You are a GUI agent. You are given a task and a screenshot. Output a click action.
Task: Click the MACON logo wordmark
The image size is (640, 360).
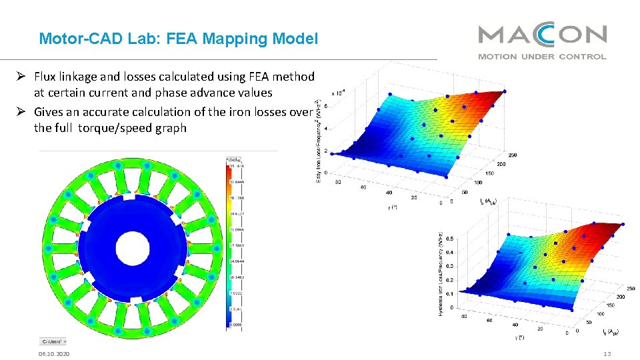542,35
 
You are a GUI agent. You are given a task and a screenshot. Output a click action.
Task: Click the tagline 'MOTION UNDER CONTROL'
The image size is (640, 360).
542,57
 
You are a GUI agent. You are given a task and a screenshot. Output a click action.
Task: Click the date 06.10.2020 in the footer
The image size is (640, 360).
55,353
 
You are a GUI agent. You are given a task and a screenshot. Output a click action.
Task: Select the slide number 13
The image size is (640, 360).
607,353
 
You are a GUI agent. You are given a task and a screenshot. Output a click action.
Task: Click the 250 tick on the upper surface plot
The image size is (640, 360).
512,155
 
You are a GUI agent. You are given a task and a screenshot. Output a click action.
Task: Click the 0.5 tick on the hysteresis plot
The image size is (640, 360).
451,238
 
